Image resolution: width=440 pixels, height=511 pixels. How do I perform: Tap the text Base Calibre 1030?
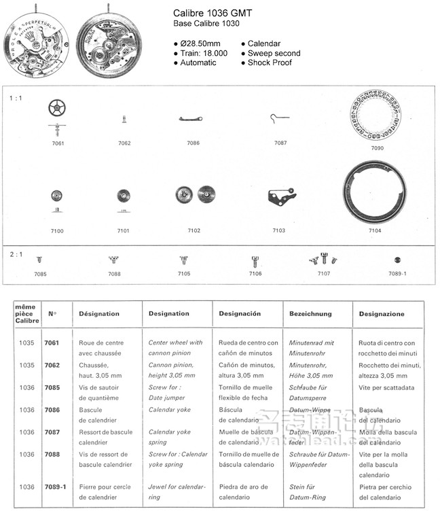click(x=202, y=24)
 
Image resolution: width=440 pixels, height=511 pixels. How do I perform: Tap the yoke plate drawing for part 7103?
click(x=278, y=196)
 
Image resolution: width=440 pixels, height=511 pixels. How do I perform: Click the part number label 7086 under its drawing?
click(x=194, y=143)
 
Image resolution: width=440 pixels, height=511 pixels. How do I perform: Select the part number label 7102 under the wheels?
click(x=194, y=231)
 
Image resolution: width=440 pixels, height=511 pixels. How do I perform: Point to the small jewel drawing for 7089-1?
click(x=397, y=260)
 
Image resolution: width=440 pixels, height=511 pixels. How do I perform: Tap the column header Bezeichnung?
click(x=310, y=314)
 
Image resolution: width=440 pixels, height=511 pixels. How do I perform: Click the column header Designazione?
click(x=382, y=314)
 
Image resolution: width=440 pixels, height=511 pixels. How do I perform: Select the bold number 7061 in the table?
click(x=52, y=343)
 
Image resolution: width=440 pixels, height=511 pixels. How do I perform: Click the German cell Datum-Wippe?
click(x=305, y=410)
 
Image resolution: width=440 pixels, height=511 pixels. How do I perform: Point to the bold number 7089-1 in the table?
click(x=55, y=487)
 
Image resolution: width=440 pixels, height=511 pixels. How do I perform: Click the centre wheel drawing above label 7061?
click(x=57, y=107)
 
